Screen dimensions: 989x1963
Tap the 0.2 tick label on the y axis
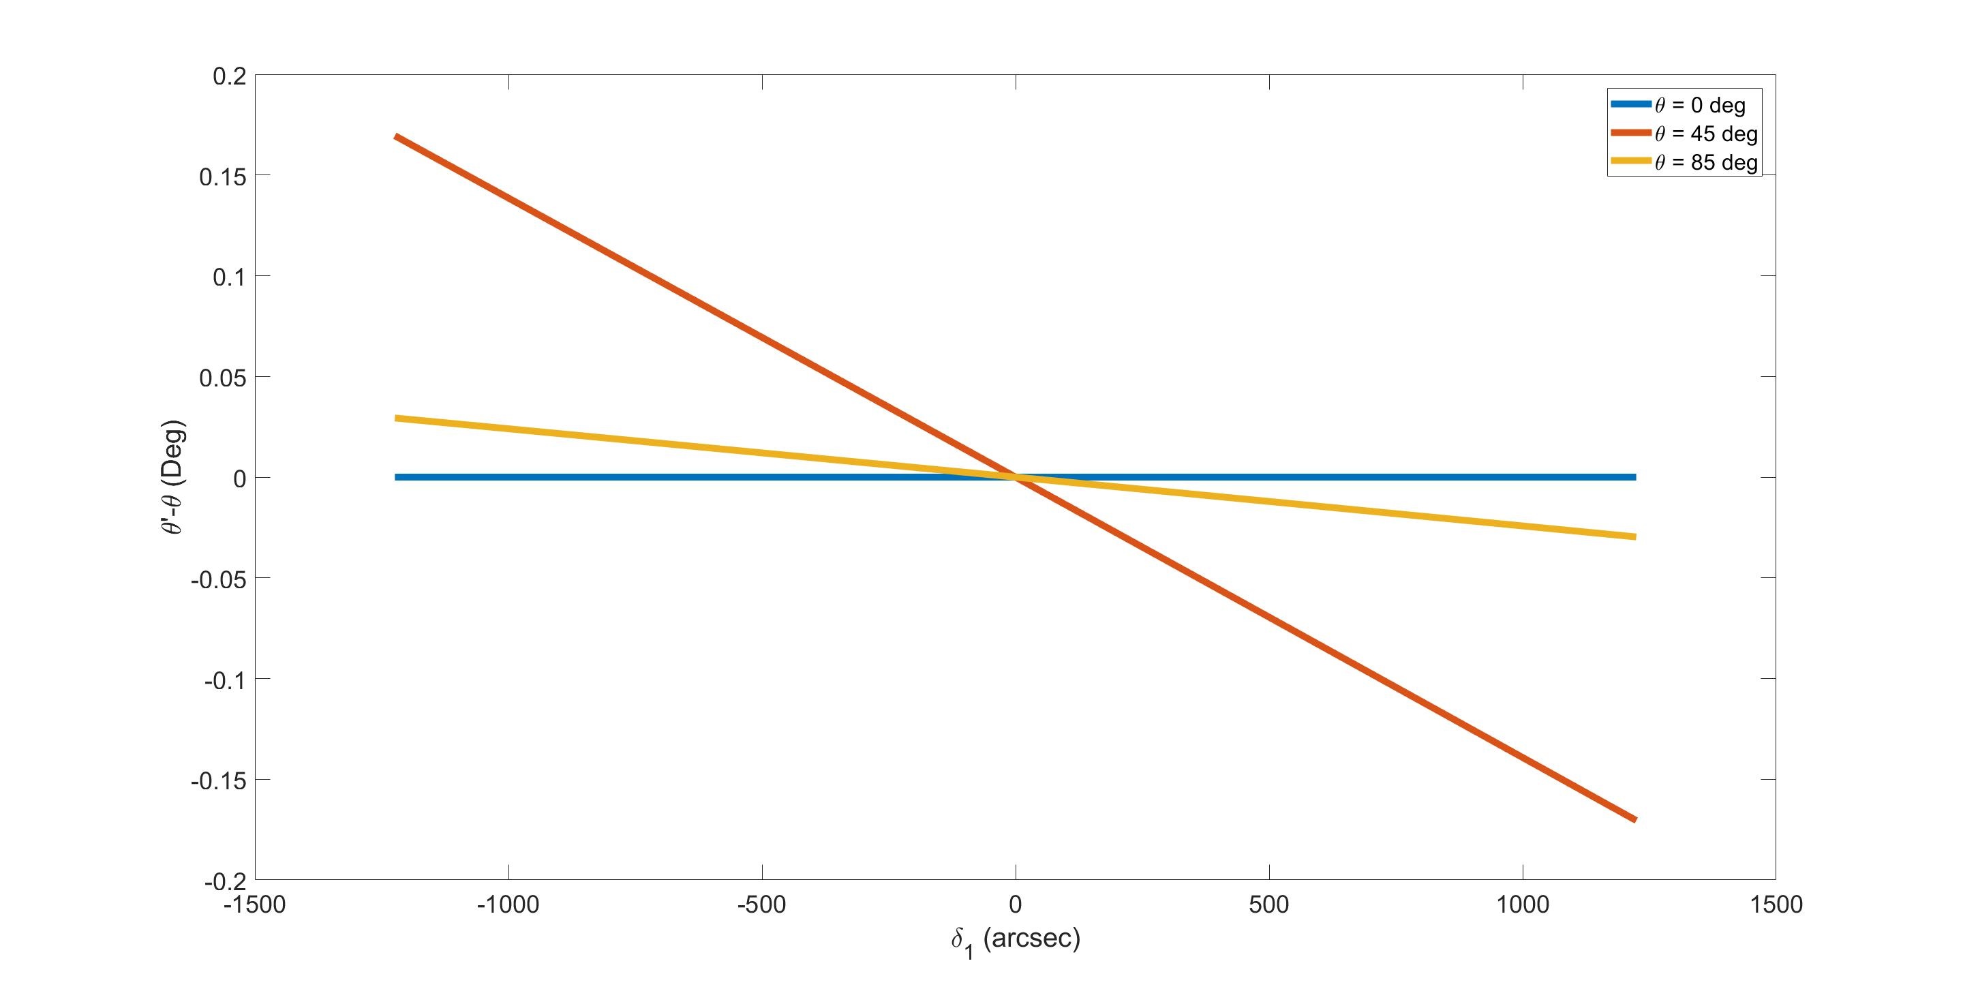[228, 76]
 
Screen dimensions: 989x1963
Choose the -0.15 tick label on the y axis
[218, 780]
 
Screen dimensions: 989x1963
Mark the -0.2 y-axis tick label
[224, 881]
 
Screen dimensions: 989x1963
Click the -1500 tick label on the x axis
[254, 904]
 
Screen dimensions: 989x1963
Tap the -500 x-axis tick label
[762, 904]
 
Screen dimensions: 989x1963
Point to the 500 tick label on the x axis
[1268, 904]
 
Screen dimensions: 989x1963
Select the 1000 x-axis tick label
[1523, 904]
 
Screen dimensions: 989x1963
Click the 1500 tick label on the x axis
[1776, 904]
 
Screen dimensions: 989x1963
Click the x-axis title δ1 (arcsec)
[1015, 940]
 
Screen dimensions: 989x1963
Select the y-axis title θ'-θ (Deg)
[174, 478]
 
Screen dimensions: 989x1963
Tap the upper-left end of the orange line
[396, 136]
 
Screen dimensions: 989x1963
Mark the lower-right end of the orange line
[1634, 820]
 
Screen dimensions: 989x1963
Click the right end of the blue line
[1634, 478]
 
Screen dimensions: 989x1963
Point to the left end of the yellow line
[396, 419]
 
